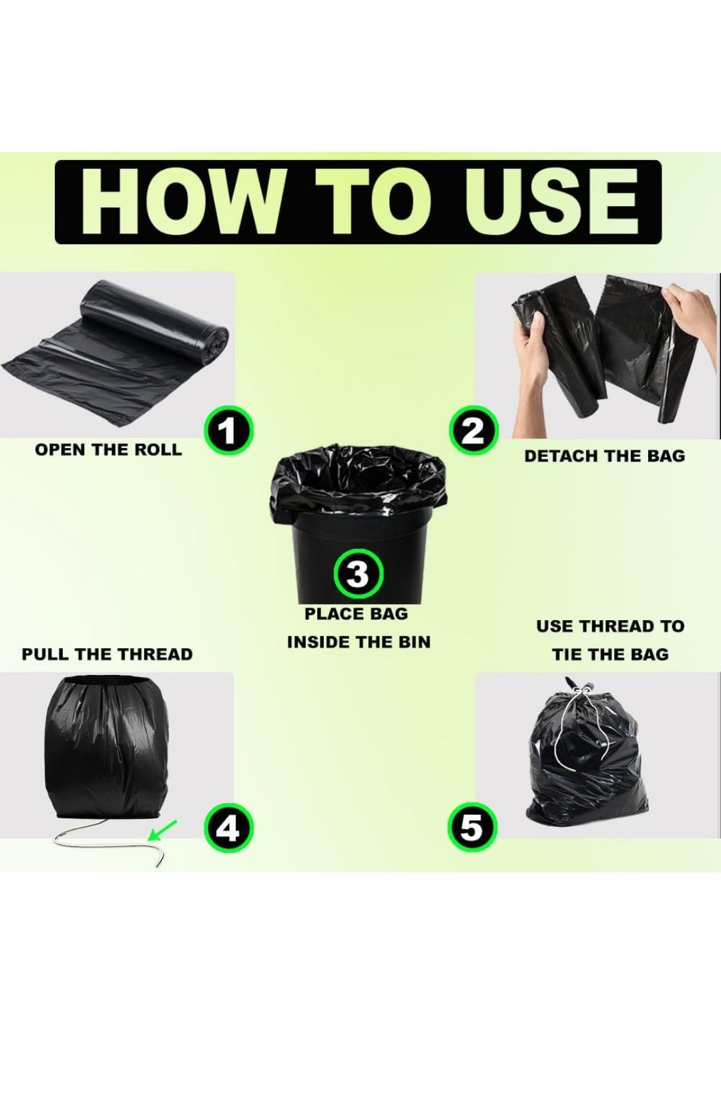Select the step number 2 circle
pyautogui.click(x=473, y=432)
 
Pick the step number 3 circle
pyautogui.click(x=358, y=576)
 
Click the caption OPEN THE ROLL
pyautogui.click(x=108, y=450)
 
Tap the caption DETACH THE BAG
pyautogui.click(x=604, y=456)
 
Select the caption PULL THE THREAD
pyautogui.click(x=107, y=654)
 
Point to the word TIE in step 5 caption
pyautogui.click(x=566, y=655)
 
